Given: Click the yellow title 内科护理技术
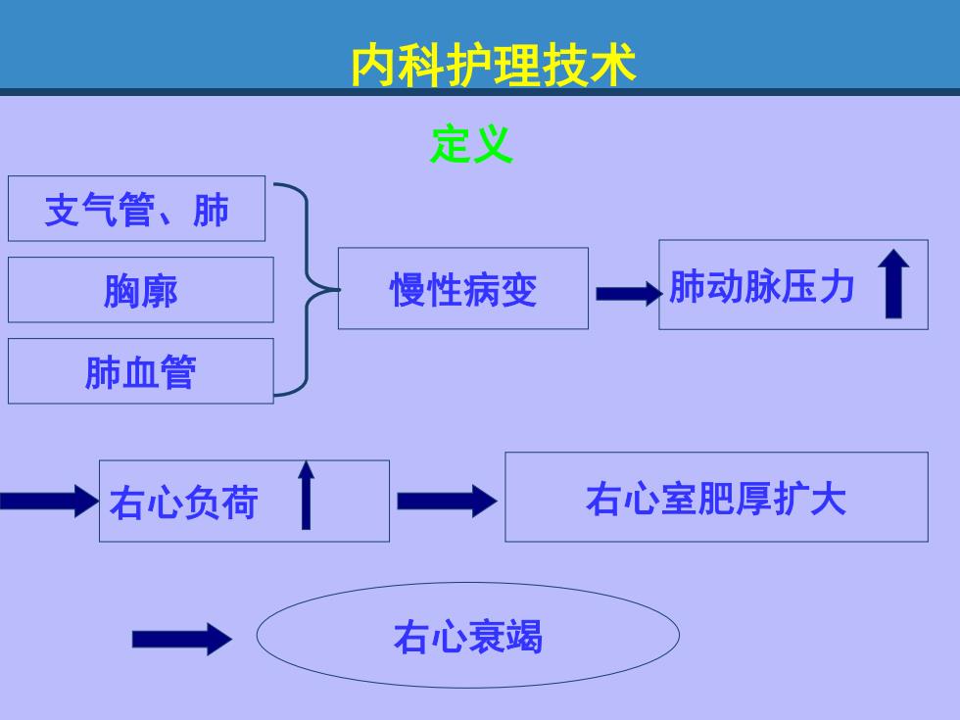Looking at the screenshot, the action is pos(494,65).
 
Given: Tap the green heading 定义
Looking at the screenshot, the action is pos(471,145).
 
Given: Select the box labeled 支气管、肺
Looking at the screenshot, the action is pos(136,209).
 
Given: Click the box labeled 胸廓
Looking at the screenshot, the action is pos(141,290).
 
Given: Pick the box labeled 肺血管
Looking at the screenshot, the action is pos(141,371).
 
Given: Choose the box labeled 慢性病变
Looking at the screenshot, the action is pos(463,288).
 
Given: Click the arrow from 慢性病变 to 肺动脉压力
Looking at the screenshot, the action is pos(629,294).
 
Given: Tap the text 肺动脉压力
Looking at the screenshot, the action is pos(762,286).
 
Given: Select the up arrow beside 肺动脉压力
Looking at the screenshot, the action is pos(893,283).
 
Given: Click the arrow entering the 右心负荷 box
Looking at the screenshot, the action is pos(49,501).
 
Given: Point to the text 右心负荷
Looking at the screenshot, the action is pos(184,502).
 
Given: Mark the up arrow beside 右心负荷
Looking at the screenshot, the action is pos(306,495).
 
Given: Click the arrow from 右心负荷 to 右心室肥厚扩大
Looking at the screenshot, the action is pos(447,501).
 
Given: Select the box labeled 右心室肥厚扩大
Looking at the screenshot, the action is pos(716,498).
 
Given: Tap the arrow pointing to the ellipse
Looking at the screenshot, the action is pos(182,639).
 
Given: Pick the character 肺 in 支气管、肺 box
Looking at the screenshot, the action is pos(211,210).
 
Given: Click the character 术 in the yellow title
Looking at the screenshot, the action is pos(613,65).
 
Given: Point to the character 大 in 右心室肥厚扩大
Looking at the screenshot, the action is pos(828,499).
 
